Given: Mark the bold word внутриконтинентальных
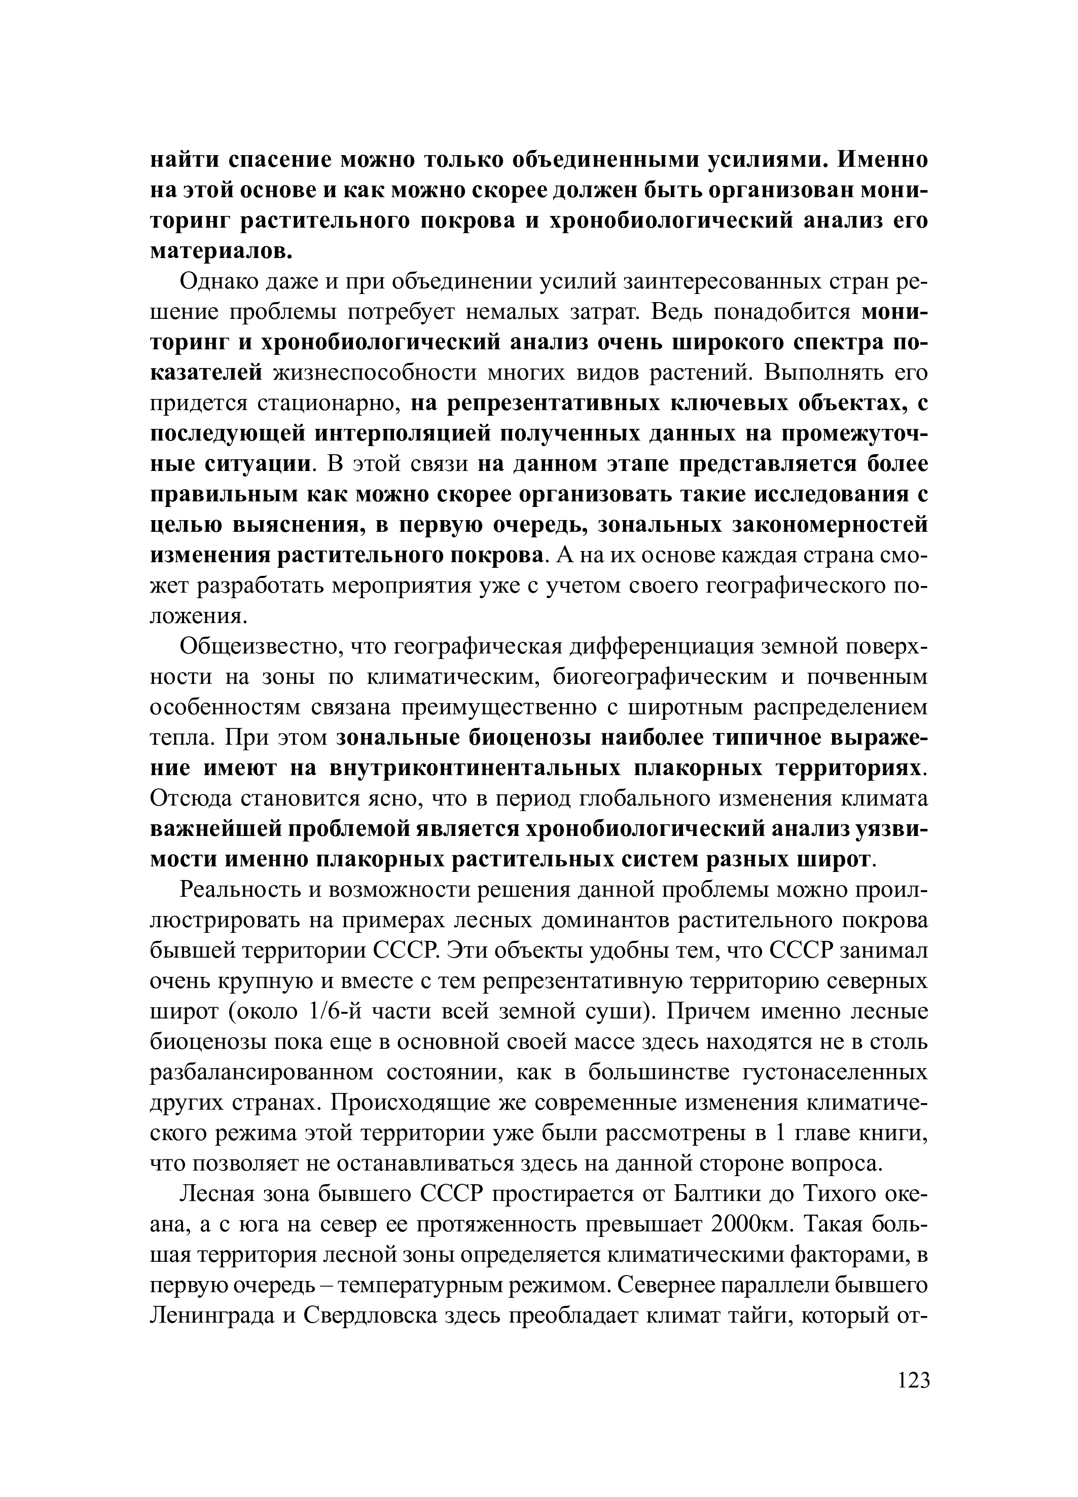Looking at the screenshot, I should pos(474,769).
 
